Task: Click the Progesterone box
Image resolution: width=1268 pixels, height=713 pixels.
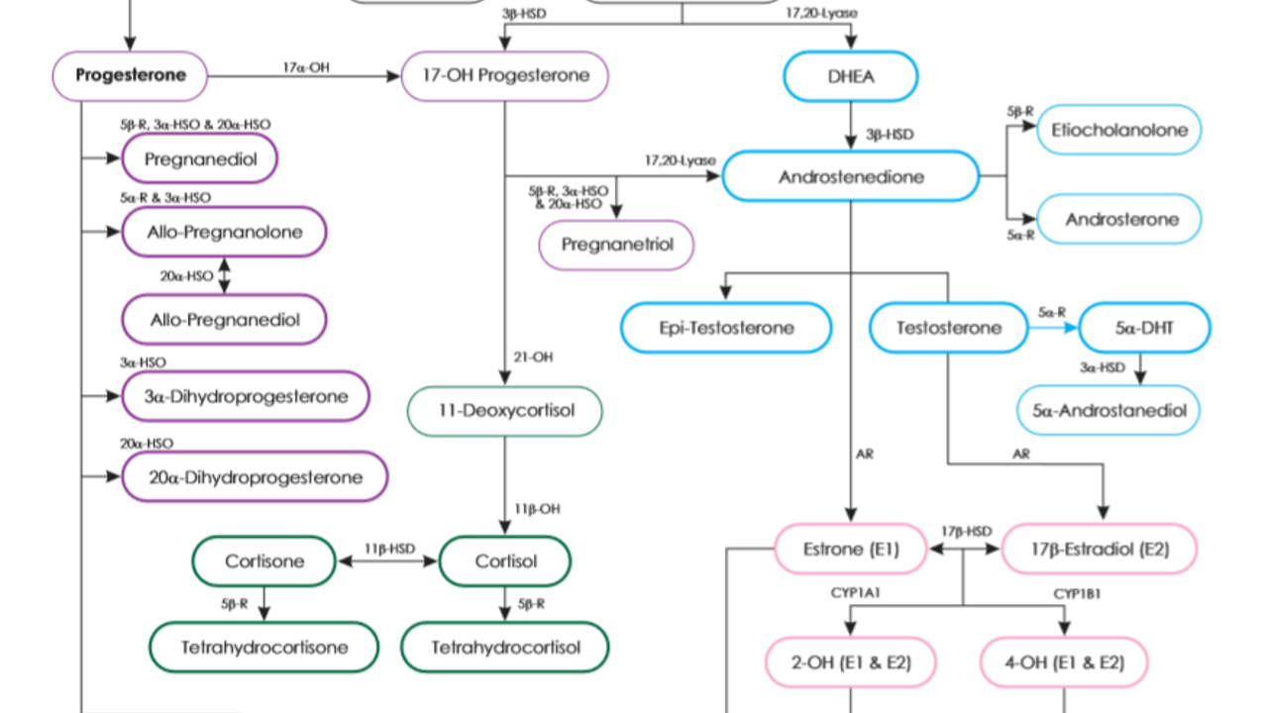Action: pyautogui.click(x=130, y=75)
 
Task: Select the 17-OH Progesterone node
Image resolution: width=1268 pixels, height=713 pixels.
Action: pyautogui.click(x=504, y=76)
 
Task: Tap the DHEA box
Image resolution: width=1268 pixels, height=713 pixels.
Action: pyautogui.click(x=850, y=76)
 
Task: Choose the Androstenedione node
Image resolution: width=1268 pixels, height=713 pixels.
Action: pyautogui.click(x=850, y=177)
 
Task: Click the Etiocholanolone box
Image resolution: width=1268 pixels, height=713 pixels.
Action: pyautogui.click(x=1118, y=130)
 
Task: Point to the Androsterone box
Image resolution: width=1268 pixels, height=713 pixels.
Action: pyautogui.click(x=1118, y=219)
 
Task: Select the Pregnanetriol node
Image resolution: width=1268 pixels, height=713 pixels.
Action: pyautogui.click(x=616, y=245)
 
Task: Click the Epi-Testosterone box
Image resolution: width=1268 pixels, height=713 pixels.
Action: pyautogui.click(x=726, y=327)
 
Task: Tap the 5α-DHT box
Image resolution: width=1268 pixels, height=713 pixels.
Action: pyautogui.click(x=1144, y=327)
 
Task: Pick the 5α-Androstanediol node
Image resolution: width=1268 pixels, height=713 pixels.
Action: pyautogui.click(x=1109, y=409)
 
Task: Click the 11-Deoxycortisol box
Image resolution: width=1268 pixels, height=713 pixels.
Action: pyautogui.click(x=504, y=410)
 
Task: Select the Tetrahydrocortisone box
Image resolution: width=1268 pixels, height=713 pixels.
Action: pyautogui.click(x=264, y=648)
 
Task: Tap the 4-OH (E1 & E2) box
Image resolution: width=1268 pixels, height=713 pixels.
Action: pyautogui.click(x=1064, y=662)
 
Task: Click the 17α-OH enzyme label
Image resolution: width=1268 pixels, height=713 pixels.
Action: pyautogui.click(x=306, y=67)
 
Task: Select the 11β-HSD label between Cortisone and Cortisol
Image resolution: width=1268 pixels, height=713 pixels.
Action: pyautogui.click(x=388, y=548)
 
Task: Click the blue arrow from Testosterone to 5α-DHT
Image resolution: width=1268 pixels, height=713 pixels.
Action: pyautogui.click(x=1053, y=328)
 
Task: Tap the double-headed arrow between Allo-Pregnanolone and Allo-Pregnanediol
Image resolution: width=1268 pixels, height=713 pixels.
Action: pyautogui.click(x=224, y=275)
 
